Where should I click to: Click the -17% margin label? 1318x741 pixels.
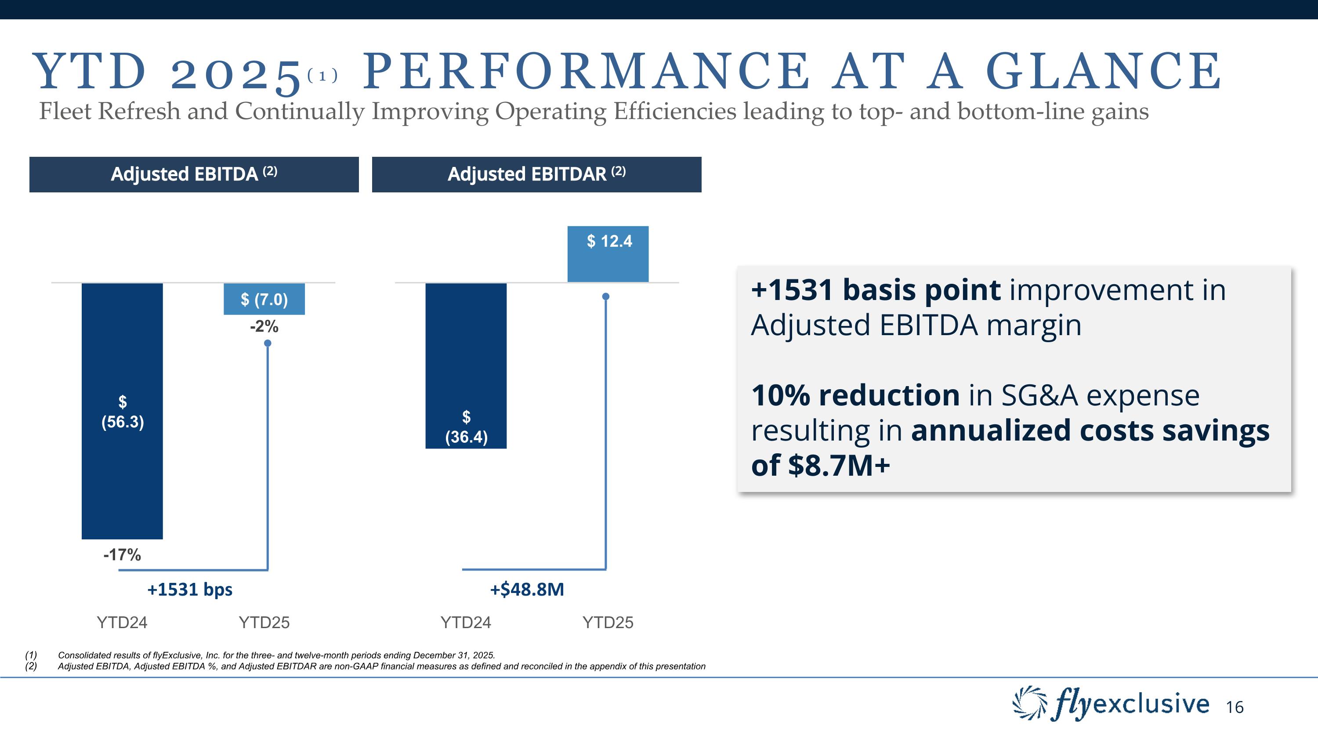click(122, 555)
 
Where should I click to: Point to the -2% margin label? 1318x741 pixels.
click(264, 326)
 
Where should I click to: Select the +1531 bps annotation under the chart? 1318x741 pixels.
click(190, 589)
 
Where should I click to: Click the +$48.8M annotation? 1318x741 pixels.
click(527, 589)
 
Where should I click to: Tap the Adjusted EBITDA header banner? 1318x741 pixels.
click(194, 174)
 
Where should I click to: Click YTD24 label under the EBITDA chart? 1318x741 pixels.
click(122, 622)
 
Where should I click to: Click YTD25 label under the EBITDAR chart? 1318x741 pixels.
click(608, 622)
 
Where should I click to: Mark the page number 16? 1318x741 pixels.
click(1235, 707)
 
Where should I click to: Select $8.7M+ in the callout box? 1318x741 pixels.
click(839, 465)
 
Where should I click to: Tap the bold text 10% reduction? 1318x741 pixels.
click(855, 395)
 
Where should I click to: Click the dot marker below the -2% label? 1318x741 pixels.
click(268, 343)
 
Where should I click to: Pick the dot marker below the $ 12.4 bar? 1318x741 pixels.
click(606, 296)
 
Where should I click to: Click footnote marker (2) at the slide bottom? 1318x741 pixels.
click(31, 666)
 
